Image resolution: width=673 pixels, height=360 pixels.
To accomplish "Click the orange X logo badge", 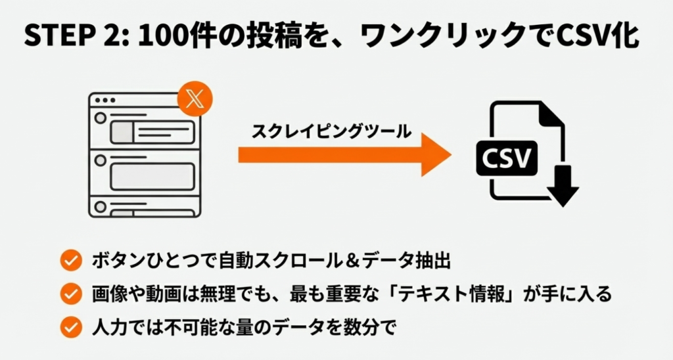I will point(195,101).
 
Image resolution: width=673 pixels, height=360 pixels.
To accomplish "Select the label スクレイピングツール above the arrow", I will point(331,132).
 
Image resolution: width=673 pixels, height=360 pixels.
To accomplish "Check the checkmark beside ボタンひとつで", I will point(69,261).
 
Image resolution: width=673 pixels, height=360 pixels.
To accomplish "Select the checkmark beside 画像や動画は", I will point(69,294).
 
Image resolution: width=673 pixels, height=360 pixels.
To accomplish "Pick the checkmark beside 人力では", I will point(69,326).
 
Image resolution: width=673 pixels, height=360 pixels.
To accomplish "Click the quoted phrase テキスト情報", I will point(457,294).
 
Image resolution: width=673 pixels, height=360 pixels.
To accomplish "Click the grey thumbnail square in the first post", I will point(122,131).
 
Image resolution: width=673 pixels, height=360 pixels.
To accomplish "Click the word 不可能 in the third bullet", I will point(184,326).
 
